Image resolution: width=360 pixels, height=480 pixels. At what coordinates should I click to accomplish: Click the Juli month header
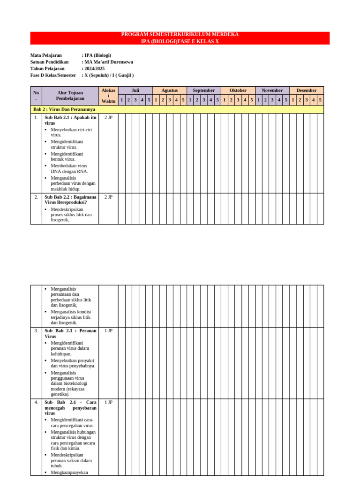click(135, 90)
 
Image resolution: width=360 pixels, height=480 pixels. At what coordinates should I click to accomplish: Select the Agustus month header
click(169, 90)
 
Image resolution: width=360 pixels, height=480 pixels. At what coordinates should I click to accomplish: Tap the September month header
click(203, 90)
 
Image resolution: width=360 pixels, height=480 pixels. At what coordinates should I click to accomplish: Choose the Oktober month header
click(238, 90)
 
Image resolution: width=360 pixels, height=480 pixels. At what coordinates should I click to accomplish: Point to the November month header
click(272, 90)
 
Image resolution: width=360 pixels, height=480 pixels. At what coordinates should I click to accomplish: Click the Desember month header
click(306, 90)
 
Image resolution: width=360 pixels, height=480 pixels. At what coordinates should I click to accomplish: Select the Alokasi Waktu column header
click(108, 96)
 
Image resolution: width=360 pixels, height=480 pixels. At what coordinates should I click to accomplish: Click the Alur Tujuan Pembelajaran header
click(70, 96)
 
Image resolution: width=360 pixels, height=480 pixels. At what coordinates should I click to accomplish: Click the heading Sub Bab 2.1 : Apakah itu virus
click(70, 120)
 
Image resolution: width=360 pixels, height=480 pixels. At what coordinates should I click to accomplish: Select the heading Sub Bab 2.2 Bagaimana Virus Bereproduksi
click(70, 200)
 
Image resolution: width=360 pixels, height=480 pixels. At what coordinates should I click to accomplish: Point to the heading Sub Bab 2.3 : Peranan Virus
click(70, 333)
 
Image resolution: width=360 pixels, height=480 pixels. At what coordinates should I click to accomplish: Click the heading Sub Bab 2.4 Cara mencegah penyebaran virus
click(70, 408)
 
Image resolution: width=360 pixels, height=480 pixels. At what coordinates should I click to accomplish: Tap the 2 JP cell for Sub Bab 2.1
click(108, 118)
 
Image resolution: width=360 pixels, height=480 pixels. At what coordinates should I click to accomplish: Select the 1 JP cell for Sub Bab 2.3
click(108, 331)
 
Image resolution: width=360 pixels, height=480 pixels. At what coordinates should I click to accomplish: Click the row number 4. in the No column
click(36, 403)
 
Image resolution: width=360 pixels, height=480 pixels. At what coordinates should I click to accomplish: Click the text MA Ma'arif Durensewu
click(108, 62)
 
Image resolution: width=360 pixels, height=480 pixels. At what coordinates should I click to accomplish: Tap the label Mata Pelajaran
click(46, 55)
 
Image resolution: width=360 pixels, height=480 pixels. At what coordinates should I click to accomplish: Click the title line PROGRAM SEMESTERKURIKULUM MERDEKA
click(180, 35)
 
